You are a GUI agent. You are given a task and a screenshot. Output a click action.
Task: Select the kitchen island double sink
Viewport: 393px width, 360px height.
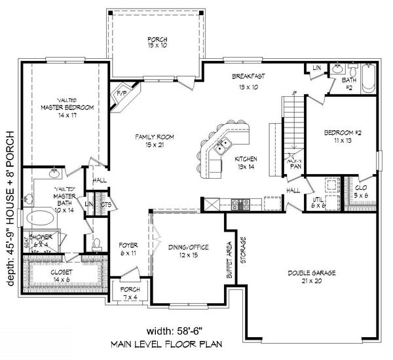(x=223, y=145)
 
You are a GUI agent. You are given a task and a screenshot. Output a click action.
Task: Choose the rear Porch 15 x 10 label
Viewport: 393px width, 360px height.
(x=157, y=43)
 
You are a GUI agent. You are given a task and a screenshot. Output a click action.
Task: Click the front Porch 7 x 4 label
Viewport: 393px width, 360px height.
(x=128, y=293)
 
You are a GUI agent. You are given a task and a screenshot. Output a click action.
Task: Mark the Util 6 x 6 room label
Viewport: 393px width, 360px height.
(x=318, y=204)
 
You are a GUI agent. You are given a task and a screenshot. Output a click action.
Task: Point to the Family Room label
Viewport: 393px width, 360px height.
(x=155, y=140)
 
